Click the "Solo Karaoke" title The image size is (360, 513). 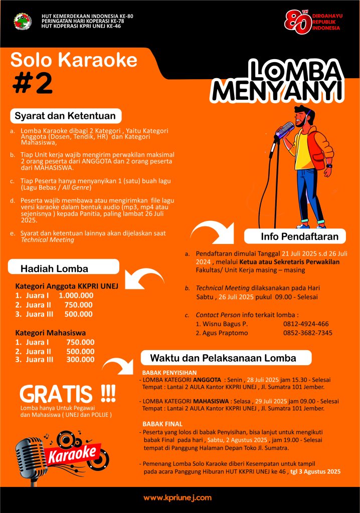coord(74,60)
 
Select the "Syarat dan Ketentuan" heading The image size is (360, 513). coord(65,116)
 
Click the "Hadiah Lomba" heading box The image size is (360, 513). coord(54,269)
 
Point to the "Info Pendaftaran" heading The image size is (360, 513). coord(299,236)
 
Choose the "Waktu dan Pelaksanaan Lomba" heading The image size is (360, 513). coord(223,358)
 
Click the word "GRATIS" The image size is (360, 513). coord(56,394)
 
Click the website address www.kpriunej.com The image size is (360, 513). coord(177,497)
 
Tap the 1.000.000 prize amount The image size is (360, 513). coord(76,296)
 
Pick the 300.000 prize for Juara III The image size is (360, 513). coord(80,359)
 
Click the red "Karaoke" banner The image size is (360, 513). coord(71,452)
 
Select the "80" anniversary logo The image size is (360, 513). coord(296,23)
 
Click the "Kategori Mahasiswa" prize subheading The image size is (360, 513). coord(50,332)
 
